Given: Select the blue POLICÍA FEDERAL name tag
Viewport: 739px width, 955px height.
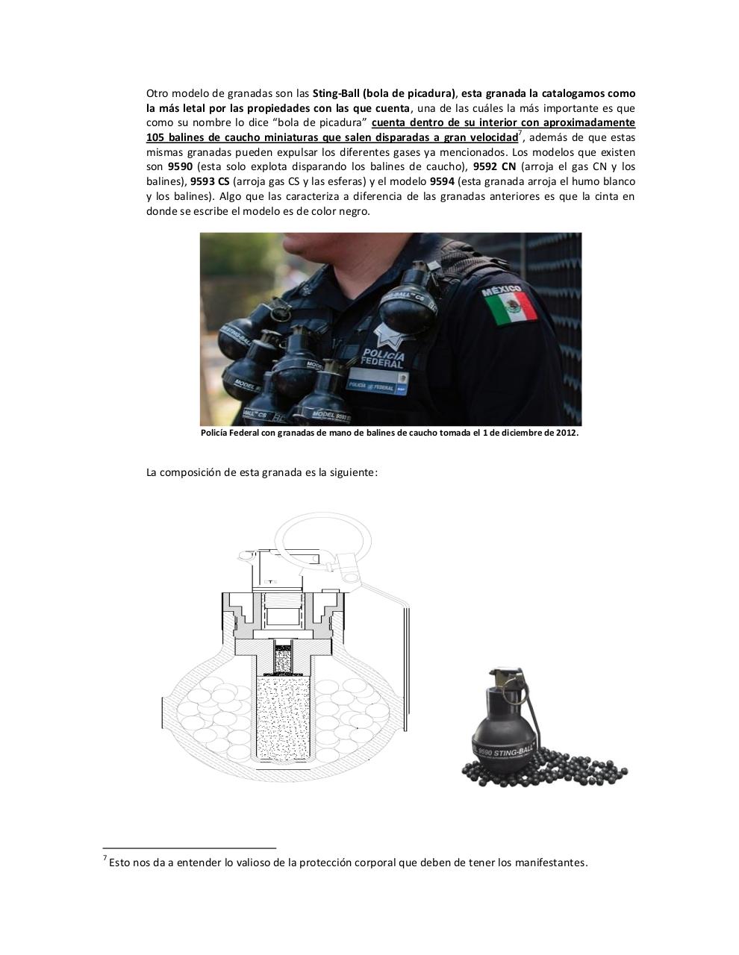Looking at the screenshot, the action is tap(381, 386).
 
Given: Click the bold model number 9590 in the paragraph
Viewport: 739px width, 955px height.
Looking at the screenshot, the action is tap(181, 167).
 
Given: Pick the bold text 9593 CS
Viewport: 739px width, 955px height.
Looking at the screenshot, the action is tap(210, 182).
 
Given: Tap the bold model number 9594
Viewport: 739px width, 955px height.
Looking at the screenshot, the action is tap(442, 182).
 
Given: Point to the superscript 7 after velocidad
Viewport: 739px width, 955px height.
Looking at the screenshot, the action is tap(520, 134).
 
